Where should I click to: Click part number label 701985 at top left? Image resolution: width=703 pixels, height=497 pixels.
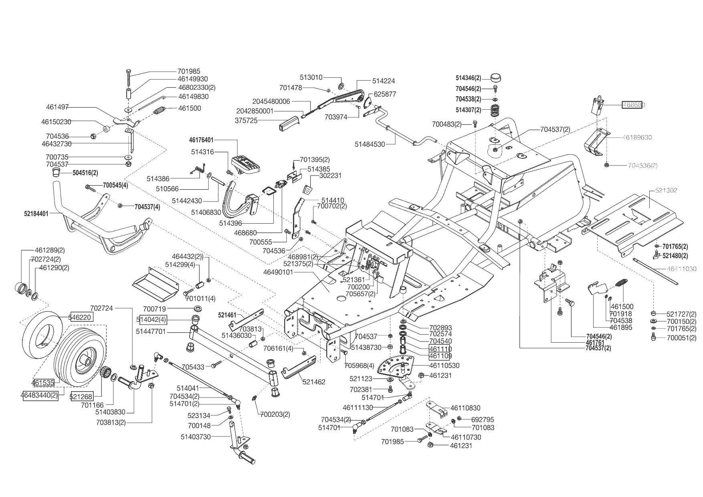[x=189, y=71]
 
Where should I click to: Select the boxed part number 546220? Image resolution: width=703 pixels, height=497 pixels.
[x=82, y=317]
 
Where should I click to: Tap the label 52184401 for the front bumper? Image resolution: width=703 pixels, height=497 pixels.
[x=36, y=214]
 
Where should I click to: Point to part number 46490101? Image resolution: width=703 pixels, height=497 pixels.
[x=279, y=272]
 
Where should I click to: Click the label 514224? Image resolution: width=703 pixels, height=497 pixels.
[x=384, y=81]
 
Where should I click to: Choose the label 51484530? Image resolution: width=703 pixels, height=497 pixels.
[x=370, y=144]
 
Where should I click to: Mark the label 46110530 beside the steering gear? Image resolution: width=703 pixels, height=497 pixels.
[x=444, y=366]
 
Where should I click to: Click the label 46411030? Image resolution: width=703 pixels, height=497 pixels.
[x=682, y=269]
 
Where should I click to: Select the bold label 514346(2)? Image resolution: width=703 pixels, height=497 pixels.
[x=468, y=78]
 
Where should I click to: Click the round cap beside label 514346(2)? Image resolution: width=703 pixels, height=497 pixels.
[x=496, y=77]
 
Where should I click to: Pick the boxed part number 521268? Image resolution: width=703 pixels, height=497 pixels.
[x=81, y=396]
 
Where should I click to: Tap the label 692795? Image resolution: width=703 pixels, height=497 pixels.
[x=483, y=420]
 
